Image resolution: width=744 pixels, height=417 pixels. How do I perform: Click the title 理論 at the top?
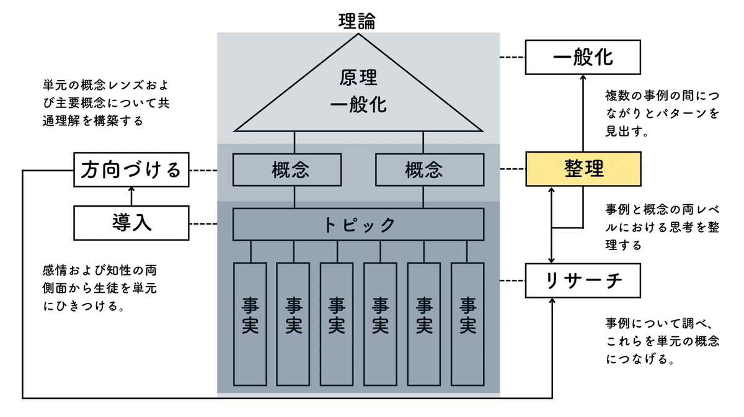357,20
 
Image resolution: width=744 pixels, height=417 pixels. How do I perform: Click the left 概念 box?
286,169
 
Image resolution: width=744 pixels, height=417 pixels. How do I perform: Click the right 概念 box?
430,169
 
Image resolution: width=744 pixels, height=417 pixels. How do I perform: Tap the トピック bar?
358,224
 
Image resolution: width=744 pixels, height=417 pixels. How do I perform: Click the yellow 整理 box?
582,169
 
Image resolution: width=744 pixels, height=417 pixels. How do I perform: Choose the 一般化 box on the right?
582,57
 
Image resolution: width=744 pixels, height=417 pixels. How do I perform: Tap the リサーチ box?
582,281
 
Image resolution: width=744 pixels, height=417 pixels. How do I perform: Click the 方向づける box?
131,169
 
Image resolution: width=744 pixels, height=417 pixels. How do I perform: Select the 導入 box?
131,223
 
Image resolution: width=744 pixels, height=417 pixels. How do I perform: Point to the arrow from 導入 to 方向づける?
131,197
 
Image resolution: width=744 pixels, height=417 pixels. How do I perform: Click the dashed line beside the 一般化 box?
512,57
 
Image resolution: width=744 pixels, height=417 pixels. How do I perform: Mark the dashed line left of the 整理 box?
512,169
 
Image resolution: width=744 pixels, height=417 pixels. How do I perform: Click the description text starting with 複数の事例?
662,114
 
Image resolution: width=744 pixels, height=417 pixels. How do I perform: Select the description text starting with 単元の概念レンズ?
105,102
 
